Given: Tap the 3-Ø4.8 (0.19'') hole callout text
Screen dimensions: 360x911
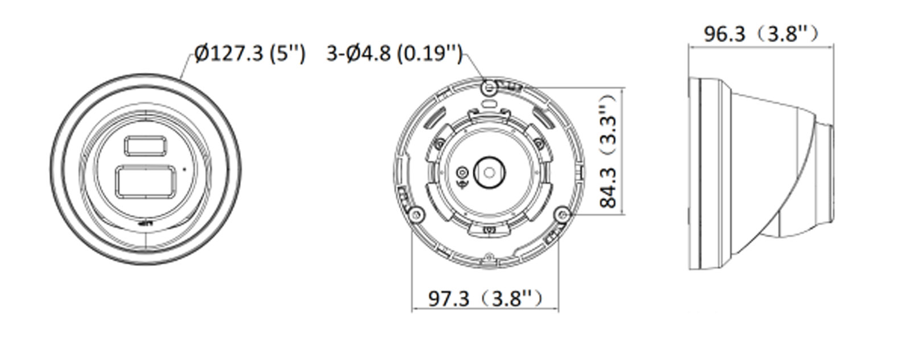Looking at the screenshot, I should click(x=394, y=54).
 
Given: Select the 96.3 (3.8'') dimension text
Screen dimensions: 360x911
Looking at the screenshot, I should click(x=761, y=34).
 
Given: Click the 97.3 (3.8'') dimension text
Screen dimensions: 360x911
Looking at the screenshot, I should click(x=485, y=298).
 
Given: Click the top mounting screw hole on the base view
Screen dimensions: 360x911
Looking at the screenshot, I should click(x=488, y=87).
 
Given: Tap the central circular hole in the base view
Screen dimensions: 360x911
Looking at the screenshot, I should click(x=489, y=171).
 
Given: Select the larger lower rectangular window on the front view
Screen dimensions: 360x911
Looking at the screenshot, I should click(x=146, y=182).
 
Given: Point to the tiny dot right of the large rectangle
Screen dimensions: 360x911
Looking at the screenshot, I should click(x=183, y=169).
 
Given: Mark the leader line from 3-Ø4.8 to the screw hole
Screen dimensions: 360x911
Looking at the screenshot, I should click(x=476, y=65).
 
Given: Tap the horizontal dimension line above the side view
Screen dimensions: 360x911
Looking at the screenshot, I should click(x=761, y=46).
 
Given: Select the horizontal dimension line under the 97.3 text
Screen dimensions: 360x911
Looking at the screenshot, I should click(x=485, y=310).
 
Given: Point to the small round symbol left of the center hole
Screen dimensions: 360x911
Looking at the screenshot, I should click(x=462, y=173).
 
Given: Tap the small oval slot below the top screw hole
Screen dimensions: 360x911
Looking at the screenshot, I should click(x=489, y=104).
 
